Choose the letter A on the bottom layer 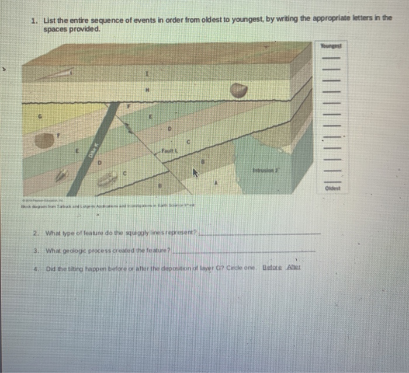coord(217,183)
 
